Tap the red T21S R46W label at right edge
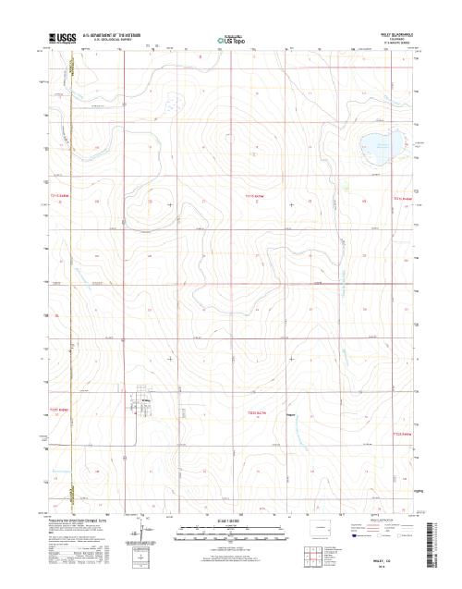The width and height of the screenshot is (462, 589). tap(404, 198)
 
